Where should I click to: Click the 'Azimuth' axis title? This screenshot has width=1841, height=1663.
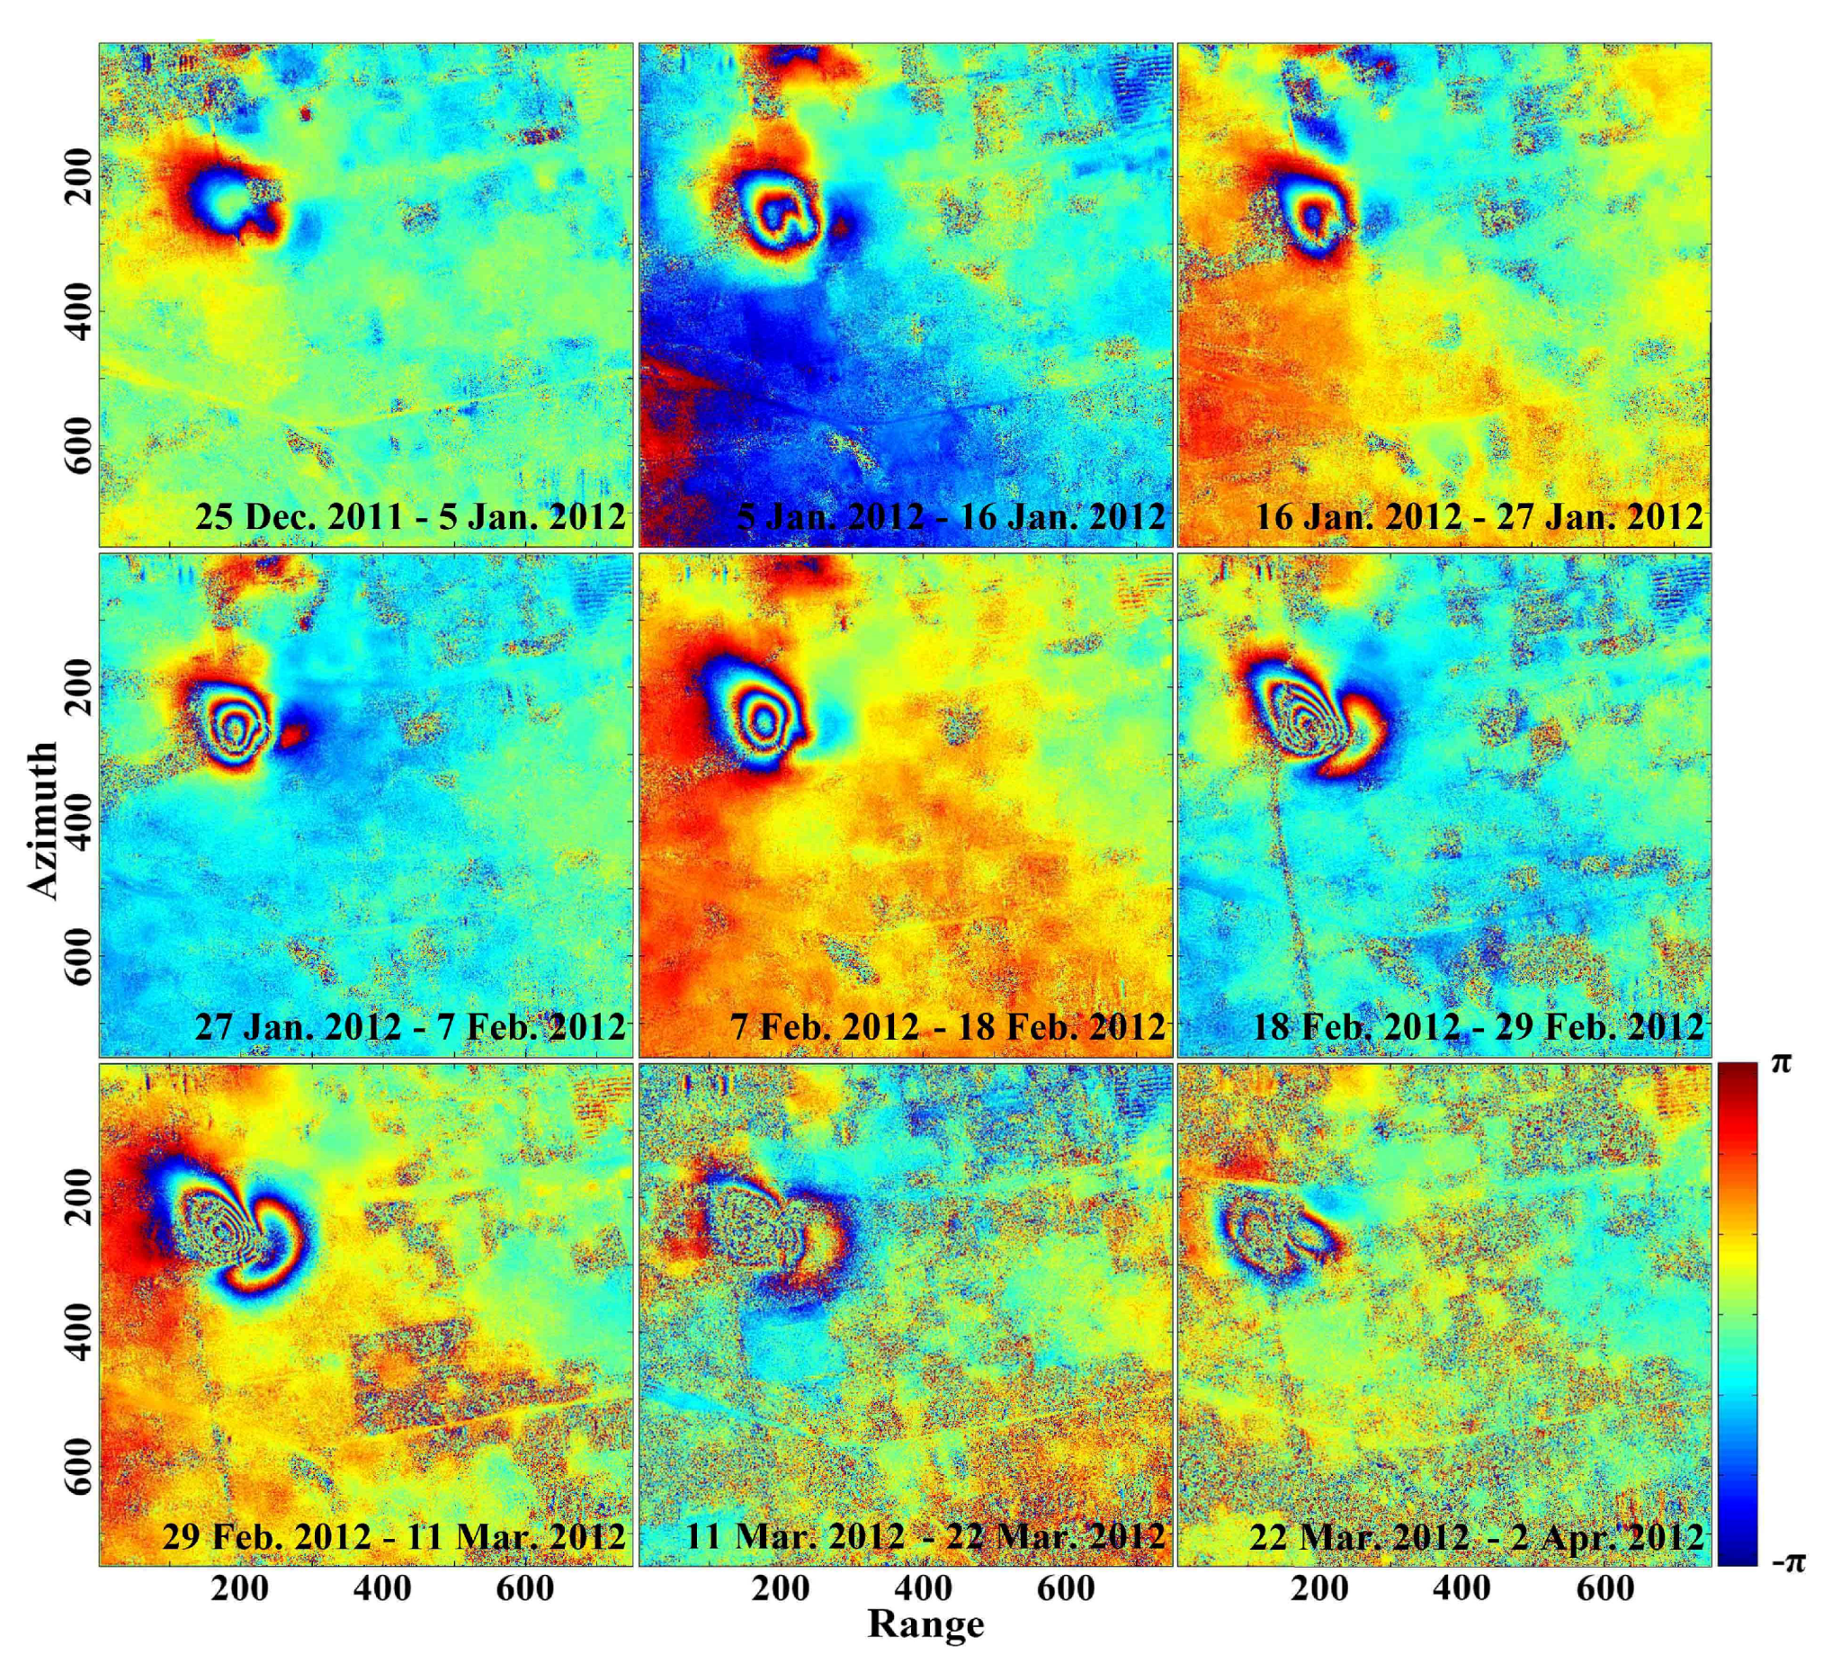pos(42,819)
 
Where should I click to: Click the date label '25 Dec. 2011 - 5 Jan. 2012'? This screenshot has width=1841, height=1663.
pos(410,517)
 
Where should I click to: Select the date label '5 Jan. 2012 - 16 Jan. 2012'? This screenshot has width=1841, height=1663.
pos(951,517)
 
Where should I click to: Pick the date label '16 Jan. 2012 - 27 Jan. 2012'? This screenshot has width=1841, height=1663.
pos(1479,517)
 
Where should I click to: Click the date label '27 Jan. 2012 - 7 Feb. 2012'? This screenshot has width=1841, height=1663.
pos(410,1026)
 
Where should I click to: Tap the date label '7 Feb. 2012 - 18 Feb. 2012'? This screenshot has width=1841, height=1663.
pos(948,1026)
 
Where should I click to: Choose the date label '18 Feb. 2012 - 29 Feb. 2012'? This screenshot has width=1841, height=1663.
pos(1478,1026)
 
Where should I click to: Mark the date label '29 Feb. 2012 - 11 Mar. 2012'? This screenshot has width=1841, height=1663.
pos(394,1536)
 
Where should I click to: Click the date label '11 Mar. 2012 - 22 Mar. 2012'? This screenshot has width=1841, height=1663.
pos(925,1536)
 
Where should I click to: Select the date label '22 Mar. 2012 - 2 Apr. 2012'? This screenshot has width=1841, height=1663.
pos(1476,1536)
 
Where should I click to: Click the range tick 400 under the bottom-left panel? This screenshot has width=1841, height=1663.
pos(382,1587)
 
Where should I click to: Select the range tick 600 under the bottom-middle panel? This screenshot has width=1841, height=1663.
pos(1066,1587)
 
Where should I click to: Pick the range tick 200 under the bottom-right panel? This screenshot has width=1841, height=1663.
pos(1319,1587)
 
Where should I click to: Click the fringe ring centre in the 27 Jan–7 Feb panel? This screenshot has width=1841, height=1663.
pos(236,729)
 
